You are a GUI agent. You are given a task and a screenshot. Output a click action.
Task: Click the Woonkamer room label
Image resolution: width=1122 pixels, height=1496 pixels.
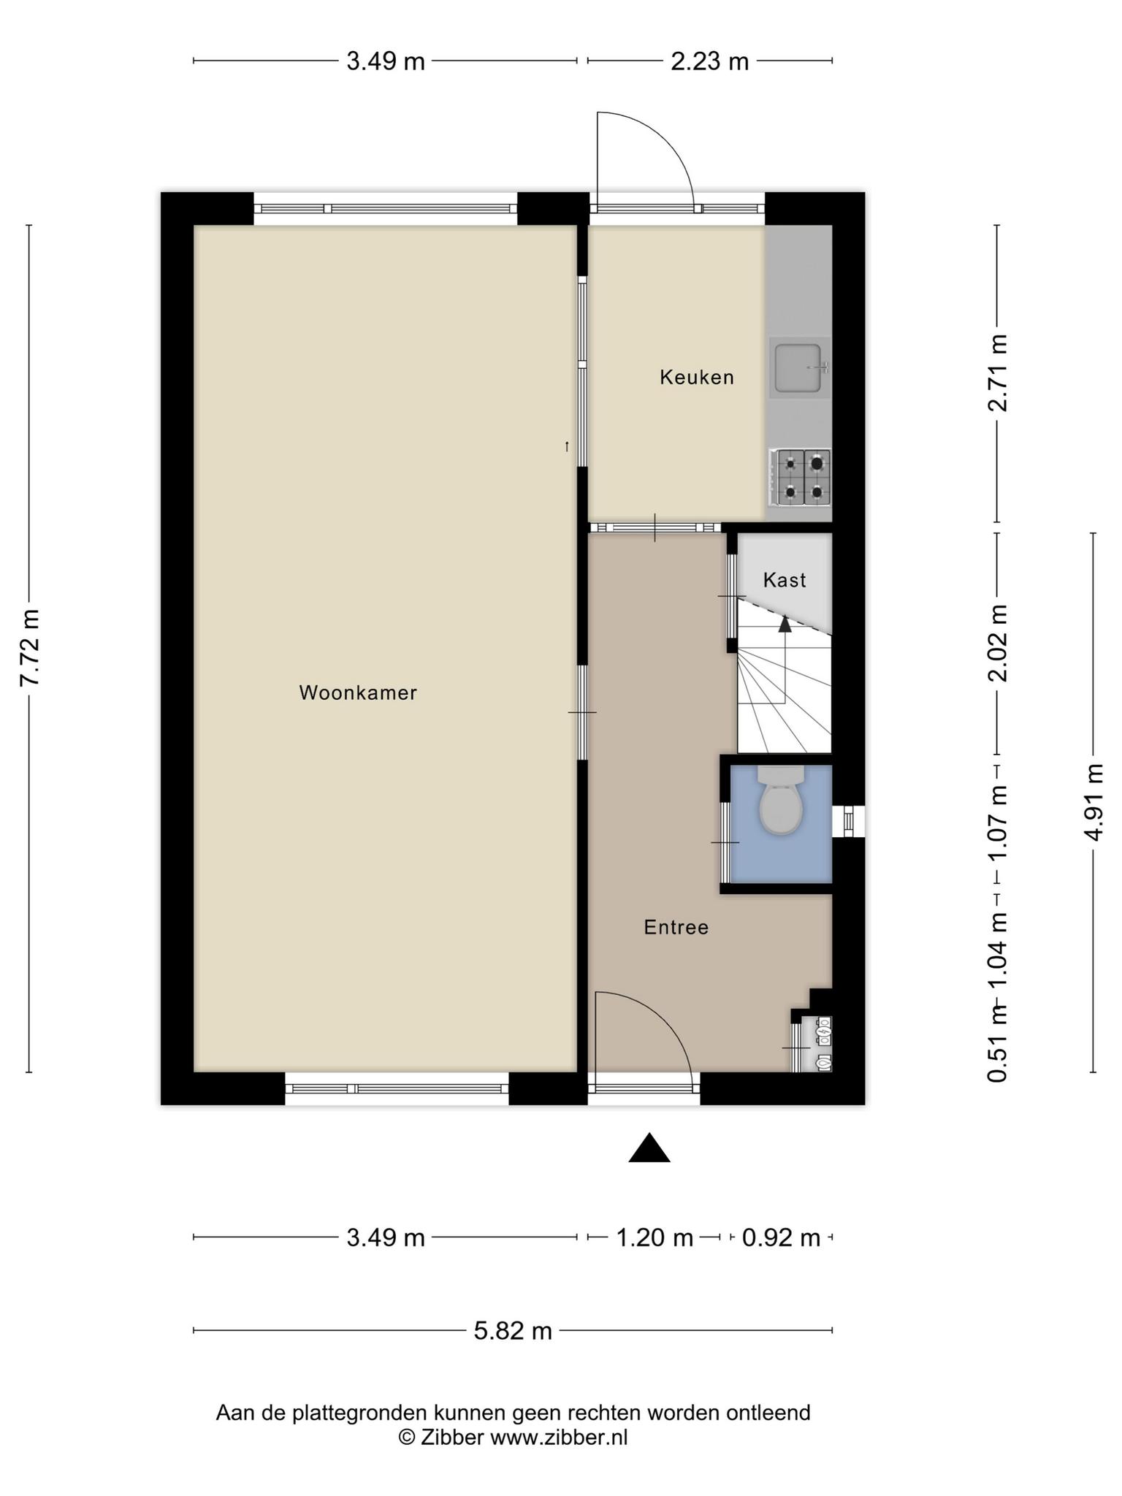point(358,692)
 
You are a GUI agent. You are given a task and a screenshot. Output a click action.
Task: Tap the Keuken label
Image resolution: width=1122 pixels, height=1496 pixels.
point(697,377)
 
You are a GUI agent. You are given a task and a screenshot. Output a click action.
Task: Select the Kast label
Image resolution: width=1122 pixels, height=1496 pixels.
point(785,580)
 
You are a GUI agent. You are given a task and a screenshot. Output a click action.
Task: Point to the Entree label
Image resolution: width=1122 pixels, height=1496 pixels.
point(676,927)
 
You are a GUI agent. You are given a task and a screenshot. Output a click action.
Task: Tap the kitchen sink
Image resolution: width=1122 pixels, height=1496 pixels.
point(800,367)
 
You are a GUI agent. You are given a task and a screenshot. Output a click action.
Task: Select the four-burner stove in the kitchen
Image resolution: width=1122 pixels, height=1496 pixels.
point(800,478)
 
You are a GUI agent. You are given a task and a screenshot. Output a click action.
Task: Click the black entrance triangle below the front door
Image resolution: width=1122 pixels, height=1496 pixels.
point(649,1148)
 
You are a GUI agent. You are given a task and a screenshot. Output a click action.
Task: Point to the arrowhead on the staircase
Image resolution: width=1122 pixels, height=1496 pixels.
point(785,624)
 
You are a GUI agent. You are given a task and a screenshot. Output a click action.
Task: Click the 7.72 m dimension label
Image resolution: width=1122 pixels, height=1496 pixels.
point(30,647)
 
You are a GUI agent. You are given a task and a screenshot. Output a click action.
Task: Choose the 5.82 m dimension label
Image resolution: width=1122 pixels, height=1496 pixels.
point(513,1330)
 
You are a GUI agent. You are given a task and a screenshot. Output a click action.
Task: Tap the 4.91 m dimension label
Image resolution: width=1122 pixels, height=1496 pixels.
point(1094,801)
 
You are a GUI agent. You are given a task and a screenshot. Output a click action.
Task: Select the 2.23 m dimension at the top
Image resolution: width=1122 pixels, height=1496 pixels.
point(710,61)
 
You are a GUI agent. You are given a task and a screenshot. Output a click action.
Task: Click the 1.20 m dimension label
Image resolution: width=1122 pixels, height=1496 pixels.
point(654,1237)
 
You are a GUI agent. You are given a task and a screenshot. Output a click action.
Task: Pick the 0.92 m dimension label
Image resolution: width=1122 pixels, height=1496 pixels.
point(781,1237)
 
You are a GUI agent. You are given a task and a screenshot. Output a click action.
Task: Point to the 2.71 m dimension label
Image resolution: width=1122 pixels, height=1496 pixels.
point(998,373)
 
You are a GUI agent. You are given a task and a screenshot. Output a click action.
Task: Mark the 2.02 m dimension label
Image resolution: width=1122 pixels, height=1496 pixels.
point(998,644)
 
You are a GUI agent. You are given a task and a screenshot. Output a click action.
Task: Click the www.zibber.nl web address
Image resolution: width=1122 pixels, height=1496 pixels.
point(559,1438)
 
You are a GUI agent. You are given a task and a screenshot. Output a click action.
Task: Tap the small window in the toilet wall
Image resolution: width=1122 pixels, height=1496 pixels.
point(849,821)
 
